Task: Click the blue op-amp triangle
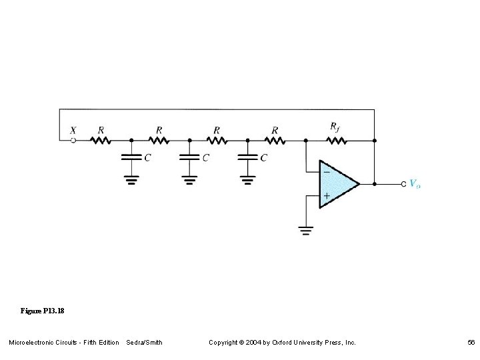point(337,183)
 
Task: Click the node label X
point(73,131)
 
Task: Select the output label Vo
point(415,183)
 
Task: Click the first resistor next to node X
point(101,141)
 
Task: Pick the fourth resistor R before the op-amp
point(275,141)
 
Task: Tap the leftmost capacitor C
point(131,157)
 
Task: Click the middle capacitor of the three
point(189,157)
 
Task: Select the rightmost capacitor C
point(247,157)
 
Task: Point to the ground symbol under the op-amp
point(305,231)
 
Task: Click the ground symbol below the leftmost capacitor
point(131,179)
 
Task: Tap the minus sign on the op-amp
point(326,171)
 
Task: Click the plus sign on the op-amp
point(326,196)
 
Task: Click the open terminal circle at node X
point(73,141)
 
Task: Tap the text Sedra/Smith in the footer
point(144,342)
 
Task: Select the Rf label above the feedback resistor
point(335,127)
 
